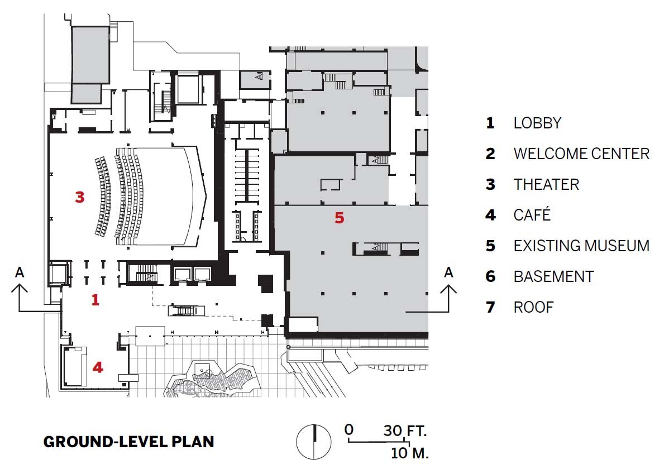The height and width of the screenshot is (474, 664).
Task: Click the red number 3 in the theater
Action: click(80, 197)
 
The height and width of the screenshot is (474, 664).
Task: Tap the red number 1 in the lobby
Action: click(95, 300)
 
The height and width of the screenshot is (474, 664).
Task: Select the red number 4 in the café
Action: click(98, 367)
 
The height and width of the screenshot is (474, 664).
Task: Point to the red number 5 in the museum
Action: click(339, 218)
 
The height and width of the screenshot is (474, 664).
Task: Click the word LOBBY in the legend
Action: click(537, 123)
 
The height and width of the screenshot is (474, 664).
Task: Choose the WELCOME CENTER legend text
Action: click(581, 154)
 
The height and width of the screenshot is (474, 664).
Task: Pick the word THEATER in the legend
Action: click(546, 185)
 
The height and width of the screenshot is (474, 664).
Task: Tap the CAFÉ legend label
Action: click(532, 214)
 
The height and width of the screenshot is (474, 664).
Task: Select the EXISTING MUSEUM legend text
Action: click(581, 246)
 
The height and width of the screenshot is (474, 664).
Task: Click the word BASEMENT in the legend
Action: click(554, 277)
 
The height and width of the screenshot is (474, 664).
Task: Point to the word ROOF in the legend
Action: click(533, 307)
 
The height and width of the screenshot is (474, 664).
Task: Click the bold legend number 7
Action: click(490, 307)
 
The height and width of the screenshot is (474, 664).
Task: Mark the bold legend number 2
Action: click(490, 154)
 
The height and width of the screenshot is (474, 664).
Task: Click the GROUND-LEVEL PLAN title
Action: click(129, 442)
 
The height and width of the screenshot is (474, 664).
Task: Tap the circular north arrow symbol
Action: click(314, 442)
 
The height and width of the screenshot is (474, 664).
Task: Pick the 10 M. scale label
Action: click(409, 453)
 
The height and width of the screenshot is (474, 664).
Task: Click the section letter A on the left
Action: click(20, 272)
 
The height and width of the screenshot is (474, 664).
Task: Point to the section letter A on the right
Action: click(448, 272)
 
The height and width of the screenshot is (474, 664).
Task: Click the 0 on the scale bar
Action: click(348, 430)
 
